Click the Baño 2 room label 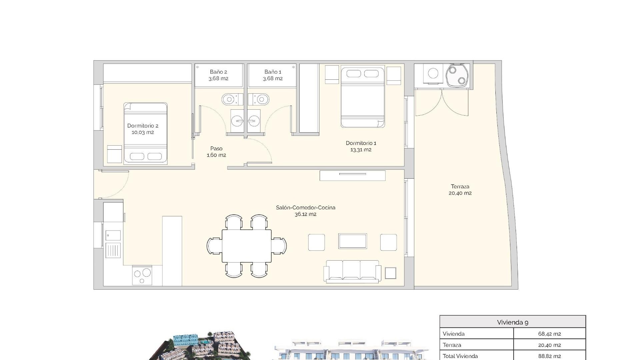[218, 72]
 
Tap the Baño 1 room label [273, 72]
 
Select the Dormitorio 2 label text [143, 126]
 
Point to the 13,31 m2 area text [361, 150]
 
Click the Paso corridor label [216, 149]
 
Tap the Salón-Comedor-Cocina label [305, 208]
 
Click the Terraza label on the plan [460, 187]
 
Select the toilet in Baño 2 [230, 99]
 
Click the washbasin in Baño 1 [254, 121]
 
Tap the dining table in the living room [247, 246]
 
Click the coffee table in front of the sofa [352, 241]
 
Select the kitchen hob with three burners [142, 275]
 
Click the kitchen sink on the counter [113, 235]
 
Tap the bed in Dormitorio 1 [363, 97]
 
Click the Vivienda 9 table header [512, 322]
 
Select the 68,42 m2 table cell [549, 334]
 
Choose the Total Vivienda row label [460, 356]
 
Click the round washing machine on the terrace [433, 73]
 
